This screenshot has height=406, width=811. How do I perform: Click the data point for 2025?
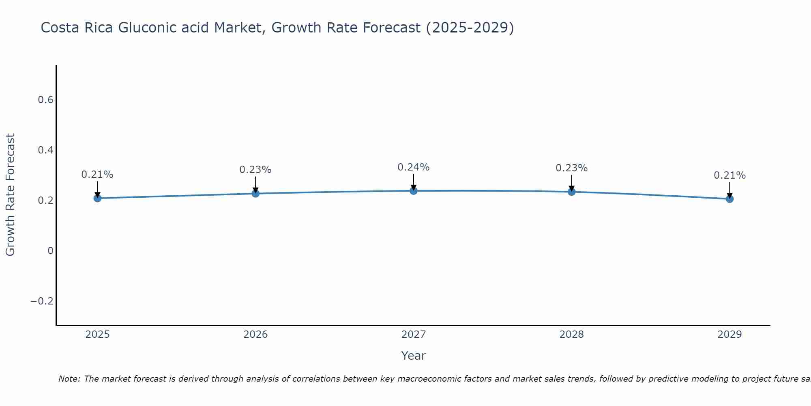click(97, 198)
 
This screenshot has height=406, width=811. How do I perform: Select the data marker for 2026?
click(255, 193)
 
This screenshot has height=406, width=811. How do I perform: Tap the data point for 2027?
click(414, 191)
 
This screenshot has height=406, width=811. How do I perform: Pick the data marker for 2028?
click(571, 192)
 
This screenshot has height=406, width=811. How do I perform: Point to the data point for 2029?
click(729, 199)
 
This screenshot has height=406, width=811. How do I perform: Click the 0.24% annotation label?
click(413, 167)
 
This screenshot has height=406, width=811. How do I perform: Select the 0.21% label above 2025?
click(97, 175)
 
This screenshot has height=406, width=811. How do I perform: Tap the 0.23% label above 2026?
click(255, 170)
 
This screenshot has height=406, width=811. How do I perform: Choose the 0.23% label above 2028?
click(571, 168)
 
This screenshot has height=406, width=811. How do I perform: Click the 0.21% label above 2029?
click(729, 175)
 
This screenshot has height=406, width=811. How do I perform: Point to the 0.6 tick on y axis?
click(46, 100)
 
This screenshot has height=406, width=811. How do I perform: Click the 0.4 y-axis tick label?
click(46, 150)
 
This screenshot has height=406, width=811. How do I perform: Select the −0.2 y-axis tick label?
click(42, 301)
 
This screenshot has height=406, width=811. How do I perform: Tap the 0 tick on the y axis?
click(50, 251)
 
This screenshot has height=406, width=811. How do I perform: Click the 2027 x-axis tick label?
click(413, 335)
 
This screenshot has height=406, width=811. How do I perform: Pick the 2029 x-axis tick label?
click(729, 335)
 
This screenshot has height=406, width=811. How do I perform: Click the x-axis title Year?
click(413, 356)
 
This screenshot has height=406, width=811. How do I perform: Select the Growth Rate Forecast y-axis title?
click(11, 195)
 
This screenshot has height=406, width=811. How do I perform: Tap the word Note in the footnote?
click(69, 379)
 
